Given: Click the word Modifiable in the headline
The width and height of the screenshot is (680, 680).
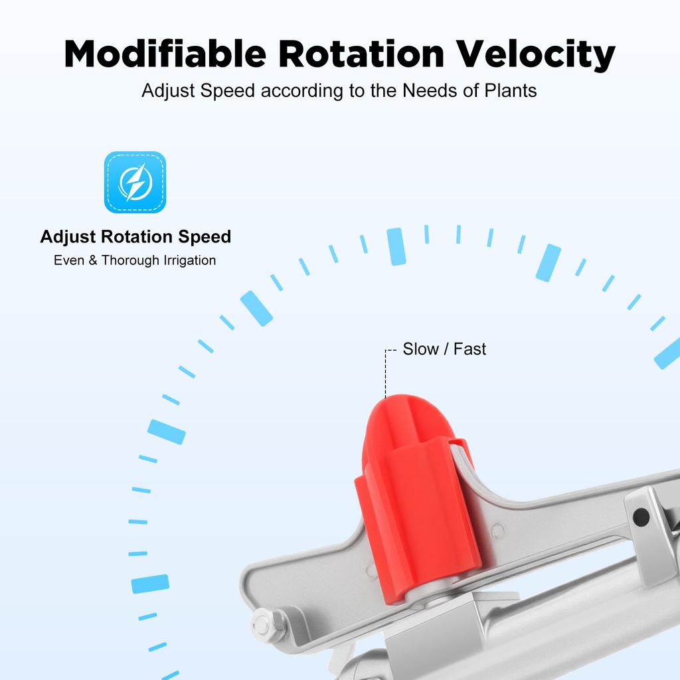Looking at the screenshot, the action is pos(165,54).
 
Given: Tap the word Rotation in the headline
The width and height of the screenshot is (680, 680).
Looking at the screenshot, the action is pos(361,54).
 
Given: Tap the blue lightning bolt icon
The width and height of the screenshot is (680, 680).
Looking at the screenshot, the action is pos(135,182).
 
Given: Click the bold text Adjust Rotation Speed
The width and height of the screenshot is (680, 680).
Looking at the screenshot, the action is pos(135,237).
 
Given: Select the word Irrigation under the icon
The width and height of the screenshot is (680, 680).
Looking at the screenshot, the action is pos(189,260).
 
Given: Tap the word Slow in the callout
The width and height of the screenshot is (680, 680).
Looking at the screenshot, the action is pos(420,349).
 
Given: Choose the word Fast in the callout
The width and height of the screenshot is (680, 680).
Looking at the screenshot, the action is pos(469,349).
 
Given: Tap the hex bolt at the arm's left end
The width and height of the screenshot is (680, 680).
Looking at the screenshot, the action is pos(263,624).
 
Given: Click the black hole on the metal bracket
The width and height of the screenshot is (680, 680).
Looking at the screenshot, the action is pos(641,517).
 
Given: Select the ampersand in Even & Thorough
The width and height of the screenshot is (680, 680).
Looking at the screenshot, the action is pos(93,260).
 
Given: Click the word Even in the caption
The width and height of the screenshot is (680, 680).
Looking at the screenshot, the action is pos(69,260).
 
